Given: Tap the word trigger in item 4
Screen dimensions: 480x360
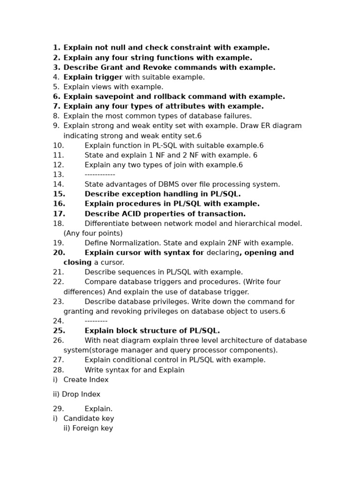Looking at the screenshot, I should click(x=109, y=77).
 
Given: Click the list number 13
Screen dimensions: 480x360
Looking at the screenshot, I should click(x=58, y=174).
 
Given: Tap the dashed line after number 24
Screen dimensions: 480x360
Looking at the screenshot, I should click(x=96, y=321).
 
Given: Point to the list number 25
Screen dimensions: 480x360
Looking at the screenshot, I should click(x=59, y=331).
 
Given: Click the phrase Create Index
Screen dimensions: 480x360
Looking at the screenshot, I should click(x=86, y=380).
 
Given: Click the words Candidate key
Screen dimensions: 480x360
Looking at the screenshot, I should click(x=89, y=419).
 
